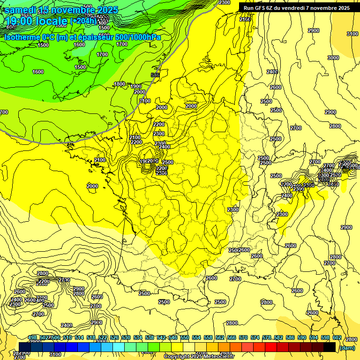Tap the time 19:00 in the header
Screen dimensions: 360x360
(20, 21)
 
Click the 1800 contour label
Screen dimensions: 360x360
(120, 84)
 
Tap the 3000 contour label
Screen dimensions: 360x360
(333, 58)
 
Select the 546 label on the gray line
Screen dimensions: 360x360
(155, 75)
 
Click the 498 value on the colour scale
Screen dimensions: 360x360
(32, 337)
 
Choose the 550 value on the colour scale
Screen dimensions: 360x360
(185, 337)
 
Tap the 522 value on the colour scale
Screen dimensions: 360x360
(103, 337)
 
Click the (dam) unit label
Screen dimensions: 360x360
(347, 347)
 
